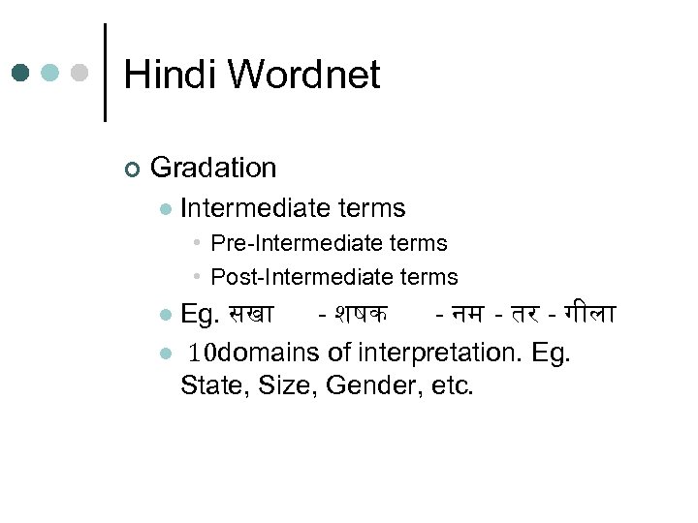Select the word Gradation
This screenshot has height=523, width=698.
pyautogui.click(x=213, y=168)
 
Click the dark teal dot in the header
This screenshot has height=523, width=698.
pyautogui.click(x=21, y=74)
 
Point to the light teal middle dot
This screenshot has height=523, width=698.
pyautogui.click(x=51, y=74)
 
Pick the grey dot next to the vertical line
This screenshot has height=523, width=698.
pyautogui.click(x=80, y=74)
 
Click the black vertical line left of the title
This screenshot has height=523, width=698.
pyautogui.click(x=105, y=73)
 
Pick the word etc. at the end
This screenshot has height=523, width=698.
pyautogui.click(x=452, y=385)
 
